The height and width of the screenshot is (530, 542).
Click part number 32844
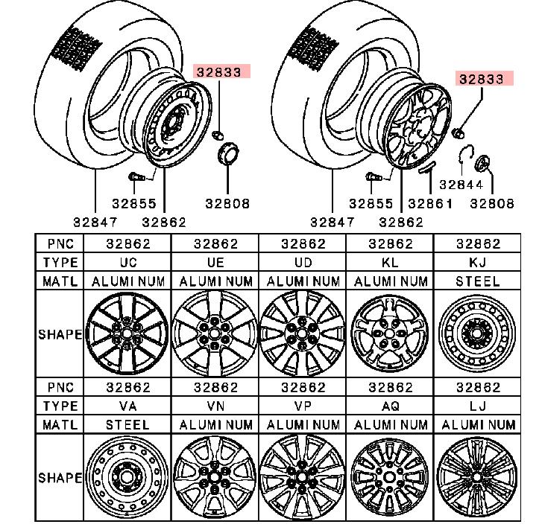tap(460, 185)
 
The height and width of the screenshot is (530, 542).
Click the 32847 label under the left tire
tap(95, 221)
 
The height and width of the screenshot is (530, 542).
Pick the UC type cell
tap(128, 262)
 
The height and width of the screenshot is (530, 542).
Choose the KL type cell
tap(390, 262)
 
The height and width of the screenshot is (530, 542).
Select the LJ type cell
tap(477, 406)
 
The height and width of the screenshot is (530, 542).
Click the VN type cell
tap(215, 406)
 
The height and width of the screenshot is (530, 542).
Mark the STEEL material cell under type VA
tap(128, 424)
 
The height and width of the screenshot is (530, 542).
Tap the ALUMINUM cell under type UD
tap(303, 281)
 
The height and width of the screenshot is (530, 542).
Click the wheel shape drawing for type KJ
tap(477, 333)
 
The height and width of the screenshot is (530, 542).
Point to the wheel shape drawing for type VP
tap(303, 476)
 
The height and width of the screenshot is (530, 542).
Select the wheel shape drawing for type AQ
tap(390, 476)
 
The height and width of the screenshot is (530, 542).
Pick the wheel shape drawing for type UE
tap(215, 333)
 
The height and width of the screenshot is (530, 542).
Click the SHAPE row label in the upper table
tap(60, 333)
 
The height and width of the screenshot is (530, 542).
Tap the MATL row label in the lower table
tap(60, 424)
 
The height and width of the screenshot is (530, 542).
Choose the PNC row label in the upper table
tap(60, 243)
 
